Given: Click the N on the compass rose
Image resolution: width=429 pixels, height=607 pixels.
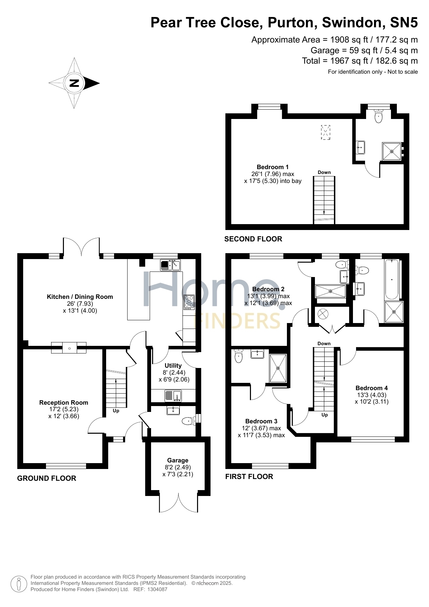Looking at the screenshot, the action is pyautogui.click(x=74, y=83).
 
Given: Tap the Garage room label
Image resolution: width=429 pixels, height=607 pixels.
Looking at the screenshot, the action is pyautogui.click(x=178, y=460).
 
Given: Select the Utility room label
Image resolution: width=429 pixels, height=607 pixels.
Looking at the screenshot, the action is pyautogui.click(x=173, y=366).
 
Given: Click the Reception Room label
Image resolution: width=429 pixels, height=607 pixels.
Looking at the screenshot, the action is pyautogui.click(x=64, y=403).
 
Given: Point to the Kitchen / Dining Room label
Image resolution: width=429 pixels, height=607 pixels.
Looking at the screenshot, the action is pyautogui.click(x=80, y=297).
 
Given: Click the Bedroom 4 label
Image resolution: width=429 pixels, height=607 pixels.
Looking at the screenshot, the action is pyautogui.click(x=372, y=388).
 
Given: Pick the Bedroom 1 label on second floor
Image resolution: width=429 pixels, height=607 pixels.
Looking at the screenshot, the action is pyautogui.click(x=273, y=167).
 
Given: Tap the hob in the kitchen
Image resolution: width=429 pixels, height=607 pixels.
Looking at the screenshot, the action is pyautogui.click(x=189, y=302).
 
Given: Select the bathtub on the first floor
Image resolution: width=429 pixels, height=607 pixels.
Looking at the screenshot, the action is pyautogui.click(x=392, y=279).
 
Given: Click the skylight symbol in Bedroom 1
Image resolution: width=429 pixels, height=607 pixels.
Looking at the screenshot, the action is pyautogui.click(x=326, y=132).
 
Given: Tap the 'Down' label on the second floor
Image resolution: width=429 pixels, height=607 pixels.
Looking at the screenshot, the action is pyautogui.click(x=324, y=172).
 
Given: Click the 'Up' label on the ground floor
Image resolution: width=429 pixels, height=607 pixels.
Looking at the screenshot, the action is pyautogui.click(x=116, y=411).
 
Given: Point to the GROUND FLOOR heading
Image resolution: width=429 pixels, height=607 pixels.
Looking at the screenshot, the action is pyautogui.click(x=47, y=478).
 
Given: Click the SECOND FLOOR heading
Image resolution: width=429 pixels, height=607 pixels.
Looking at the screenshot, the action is pyautogui.click(x=253, y=239).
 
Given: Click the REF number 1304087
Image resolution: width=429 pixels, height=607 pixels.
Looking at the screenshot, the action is pyautogui.click(x=157, y=589).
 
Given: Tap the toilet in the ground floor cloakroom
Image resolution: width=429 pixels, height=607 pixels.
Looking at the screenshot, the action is pyautogui.click(x=189, y=421).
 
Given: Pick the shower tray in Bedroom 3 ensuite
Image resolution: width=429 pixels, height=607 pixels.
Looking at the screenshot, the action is pyautogui.click(x=278, y=368).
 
